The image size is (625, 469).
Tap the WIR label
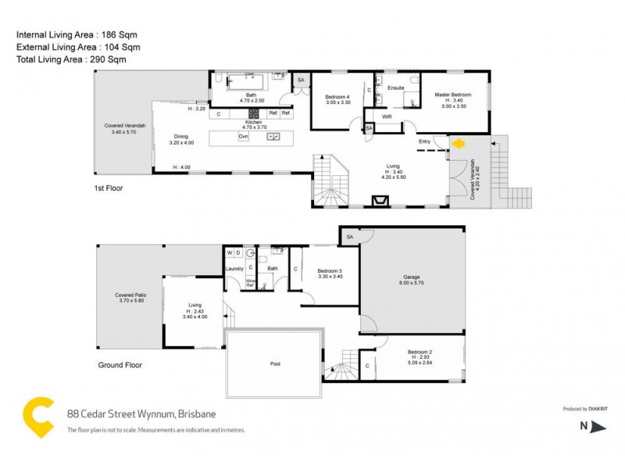pyautogui.click(x=387, y=116)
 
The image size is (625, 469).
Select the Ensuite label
pyautogui.click(x=396, y=88)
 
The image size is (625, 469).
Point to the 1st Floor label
pyautogui.click(x=107, y=188)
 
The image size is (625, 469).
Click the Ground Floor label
pyautogui.click(x=120, y=365)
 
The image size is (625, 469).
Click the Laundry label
pyautogui.click(x=234, y=269)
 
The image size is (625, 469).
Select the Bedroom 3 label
pyautogui.click(x=330, y=270)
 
